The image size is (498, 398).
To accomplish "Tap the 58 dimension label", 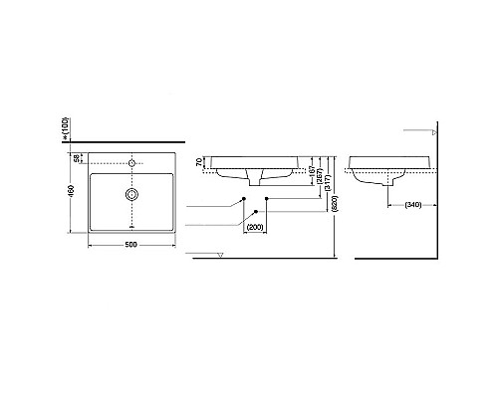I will [78, 159].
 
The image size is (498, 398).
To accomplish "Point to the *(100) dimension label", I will [66, 126].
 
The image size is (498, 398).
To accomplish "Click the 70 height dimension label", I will [199, 161].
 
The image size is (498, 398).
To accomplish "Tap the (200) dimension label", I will [256, 227].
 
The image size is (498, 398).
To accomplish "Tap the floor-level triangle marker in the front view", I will [219, 258].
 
